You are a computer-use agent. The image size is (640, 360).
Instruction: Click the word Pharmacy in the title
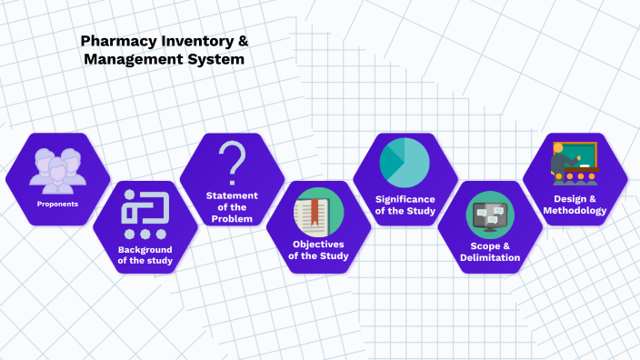[x=115, y=41]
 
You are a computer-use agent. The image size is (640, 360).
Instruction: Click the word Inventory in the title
[x=193, y=41]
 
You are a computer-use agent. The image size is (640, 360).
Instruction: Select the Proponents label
[x=57, y=204]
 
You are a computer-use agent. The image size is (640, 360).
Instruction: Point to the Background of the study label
[x=145, y=255]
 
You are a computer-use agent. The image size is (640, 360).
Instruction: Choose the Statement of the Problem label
[x=232, y=207]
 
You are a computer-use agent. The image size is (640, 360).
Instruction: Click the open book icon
[x=318, y=215]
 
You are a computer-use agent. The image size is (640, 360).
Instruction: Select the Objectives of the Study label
[x=318, y=250]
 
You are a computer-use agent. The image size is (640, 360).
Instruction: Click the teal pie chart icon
[x=405, y=162]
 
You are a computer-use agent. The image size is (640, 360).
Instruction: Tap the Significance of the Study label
[x=405, y=205]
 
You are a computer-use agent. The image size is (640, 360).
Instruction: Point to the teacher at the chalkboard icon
[x=574, y=162]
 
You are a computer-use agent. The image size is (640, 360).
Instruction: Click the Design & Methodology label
[x=575, y=205]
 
